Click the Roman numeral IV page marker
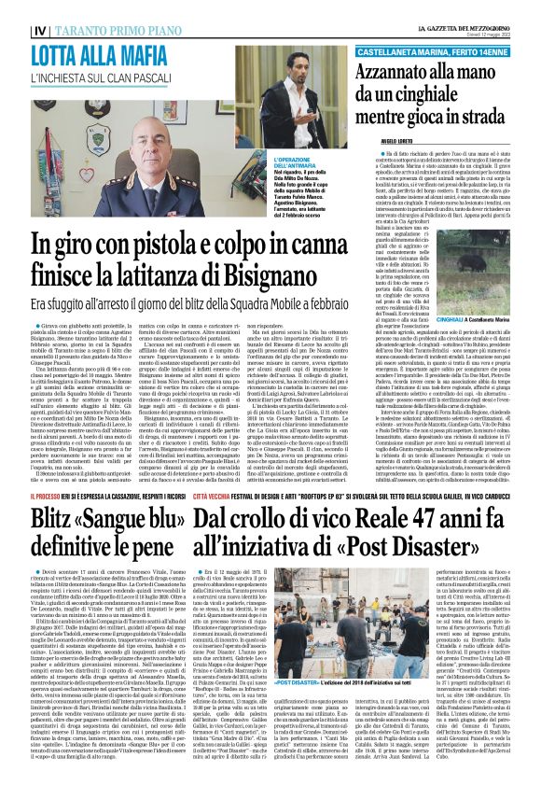13,8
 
